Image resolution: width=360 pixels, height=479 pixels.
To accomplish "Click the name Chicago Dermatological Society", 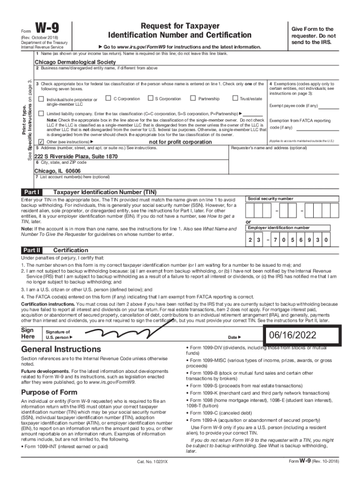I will point(75,62).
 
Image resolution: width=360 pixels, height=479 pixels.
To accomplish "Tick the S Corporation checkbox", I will point(150,98).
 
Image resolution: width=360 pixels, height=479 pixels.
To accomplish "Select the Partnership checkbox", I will point(193,98).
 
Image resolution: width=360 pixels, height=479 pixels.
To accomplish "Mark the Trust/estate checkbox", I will point(235,98).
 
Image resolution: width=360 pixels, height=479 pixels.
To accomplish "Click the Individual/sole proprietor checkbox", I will point(41,99).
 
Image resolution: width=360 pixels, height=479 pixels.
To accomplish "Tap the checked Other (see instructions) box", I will point(41,142).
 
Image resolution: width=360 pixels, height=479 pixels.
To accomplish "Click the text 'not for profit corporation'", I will point(180,142).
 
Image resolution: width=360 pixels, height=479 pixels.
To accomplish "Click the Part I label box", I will point(32,192).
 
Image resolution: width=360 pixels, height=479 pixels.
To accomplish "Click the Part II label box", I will point(32,250).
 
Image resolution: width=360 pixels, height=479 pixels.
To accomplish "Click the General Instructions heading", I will point(60,349).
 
